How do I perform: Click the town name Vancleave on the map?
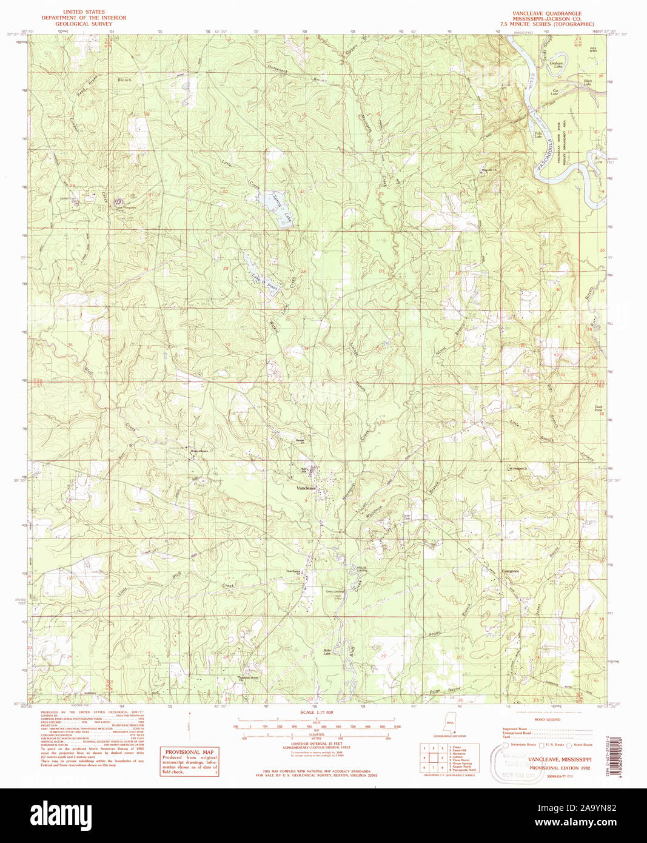pyautogui.click(x=306, y=488)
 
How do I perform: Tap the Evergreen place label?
pyautogui.click(x=511, y=571)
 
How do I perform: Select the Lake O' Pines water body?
pyautogui.click(x=262, y=277)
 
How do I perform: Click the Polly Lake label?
pyautogui.click(x=538, y=135)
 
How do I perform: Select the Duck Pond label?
pyautogui.click(x=598, y=409)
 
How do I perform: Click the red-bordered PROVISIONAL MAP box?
pyautogui.click(x=189, y=761)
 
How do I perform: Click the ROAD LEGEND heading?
pyautogui.click(x=547, y=719)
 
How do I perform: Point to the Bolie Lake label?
pyautogui.click(x=326, y=653)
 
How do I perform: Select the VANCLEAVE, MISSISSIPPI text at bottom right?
pyautogui.click(x=559, y=759)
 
